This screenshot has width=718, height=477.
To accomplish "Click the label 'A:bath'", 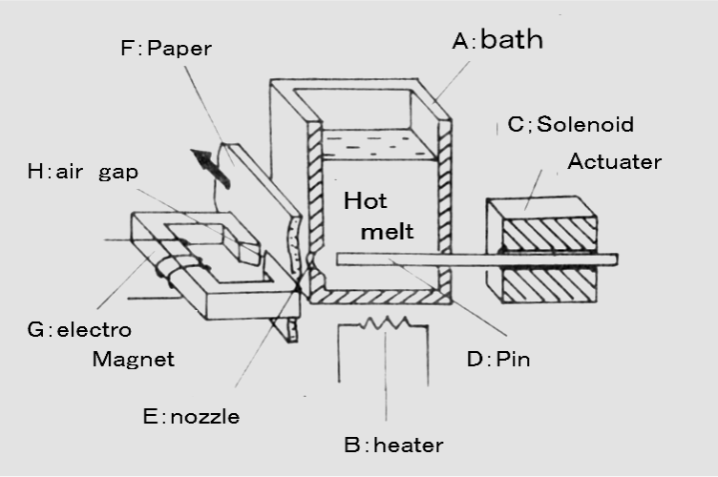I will click(497, 41).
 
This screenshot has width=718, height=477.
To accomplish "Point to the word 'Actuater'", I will click(614, 161).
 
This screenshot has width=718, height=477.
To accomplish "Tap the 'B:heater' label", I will click(393, 445).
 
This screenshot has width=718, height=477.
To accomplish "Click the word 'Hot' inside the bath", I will click(366, 202).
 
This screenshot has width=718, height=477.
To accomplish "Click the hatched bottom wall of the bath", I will click(382, 298).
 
